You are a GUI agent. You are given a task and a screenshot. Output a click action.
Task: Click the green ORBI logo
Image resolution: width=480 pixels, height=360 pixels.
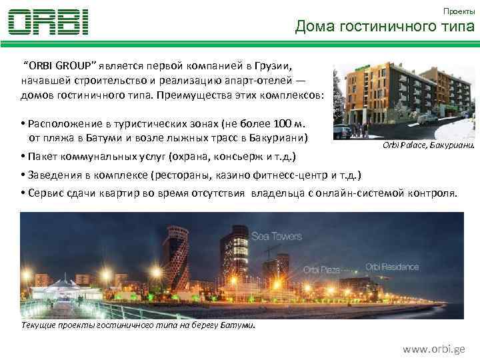pyautogui.click(x=49, y=22)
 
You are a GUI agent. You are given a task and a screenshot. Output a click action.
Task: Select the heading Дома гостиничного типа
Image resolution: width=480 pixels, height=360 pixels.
pyautogui.click(x=385, y=27)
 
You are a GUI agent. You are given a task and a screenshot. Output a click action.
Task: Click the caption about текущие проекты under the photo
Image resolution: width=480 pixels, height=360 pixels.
pyautogui.click(x=138, y=325)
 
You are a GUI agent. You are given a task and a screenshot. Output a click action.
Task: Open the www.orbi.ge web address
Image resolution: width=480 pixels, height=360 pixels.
pyautogui.click(x=433, y=349)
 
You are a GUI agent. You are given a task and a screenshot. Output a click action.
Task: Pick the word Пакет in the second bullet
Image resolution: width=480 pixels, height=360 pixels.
pyautogui.click(x=43, y=157)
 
